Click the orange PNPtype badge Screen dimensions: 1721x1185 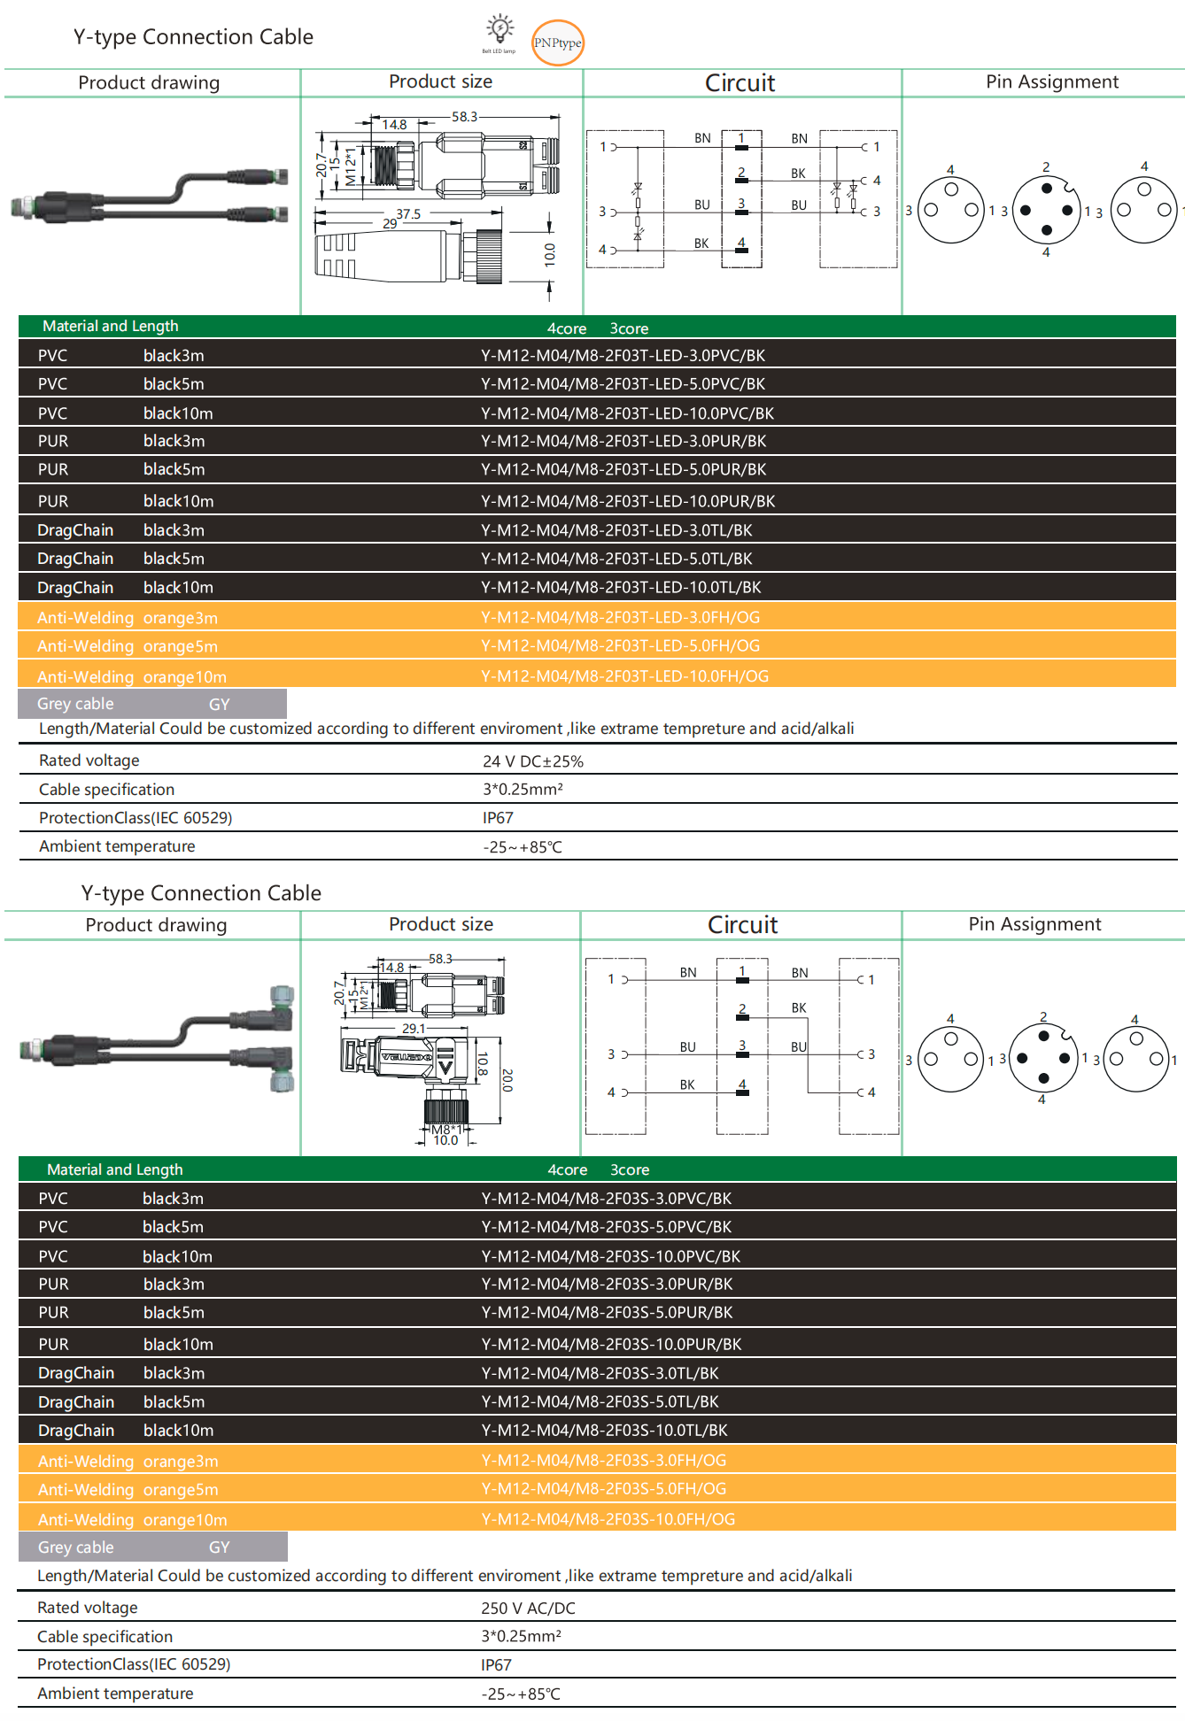557,42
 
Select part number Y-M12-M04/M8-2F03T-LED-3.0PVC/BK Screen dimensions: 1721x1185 623,356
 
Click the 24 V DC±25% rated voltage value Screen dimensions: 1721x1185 532,761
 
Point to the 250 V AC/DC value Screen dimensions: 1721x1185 528,1609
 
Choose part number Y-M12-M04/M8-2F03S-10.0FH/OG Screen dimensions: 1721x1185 608,1519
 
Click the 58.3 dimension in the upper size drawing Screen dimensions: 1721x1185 464,117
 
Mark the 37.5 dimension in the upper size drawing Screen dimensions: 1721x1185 408,214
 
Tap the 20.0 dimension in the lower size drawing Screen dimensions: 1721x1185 507,1080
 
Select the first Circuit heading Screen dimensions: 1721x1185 740,83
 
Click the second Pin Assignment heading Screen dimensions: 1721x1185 1034,924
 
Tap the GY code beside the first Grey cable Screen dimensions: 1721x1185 219,705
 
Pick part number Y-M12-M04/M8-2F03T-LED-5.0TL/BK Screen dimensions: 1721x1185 616,559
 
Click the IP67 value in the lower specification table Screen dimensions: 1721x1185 496,1665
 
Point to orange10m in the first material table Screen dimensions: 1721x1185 184,677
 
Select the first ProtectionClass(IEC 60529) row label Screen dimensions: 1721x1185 135,818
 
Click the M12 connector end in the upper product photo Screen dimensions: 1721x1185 27,208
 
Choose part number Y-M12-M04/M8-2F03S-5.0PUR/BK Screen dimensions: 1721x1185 607,1313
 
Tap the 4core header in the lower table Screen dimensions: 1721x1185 567,1170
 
